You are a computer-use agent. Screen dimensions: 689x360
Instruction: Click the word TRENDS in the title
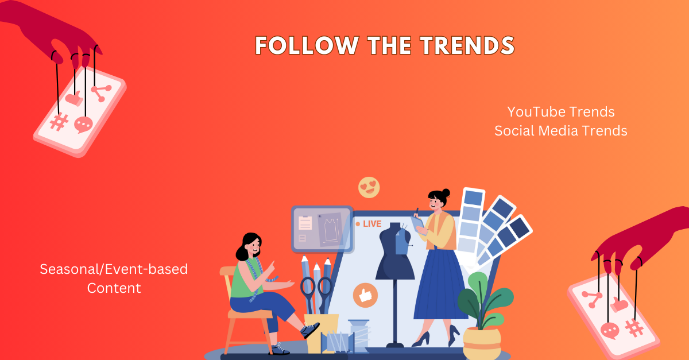tap(467, 45)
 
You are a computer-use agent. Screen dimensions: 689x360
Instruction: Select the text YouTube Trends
tap(561, 112)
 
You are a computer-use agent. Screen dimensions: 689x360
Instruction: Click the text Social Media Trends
tap(561, 131)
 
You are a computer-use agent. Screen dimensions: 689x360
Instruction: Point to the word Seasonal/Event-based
tap(114, 269)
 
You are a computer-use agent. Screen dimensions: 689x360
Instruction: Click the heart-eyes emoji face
tap(369, 187)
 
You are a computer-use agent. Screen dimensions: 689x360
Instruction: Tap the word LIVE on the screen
tap(372, 224)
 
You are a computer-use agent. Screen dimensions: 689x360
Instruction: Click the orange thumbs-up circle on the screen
tap(365, 295)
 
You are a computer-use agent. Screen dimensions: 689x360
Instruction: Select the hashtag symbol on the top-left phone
tap(59, 122)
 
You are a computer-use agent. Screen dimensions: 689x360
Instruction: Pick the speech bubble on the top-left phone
tap(83, 125)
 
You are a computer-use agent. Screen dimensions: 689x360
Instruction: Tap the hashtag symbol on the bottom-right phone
tap(634, 328)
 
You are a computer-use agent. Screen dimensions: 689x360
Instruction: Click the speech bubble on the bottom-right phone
tap(610, 331)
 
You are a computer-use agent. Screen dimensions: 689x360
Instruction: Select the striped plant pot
tap(482, 343)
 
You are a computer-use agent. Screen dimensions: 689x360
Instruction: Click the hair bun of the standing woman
tap(446, 193)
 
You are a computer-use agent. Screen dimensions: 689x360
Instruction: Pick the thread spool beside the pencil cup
tap(359, 336)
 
